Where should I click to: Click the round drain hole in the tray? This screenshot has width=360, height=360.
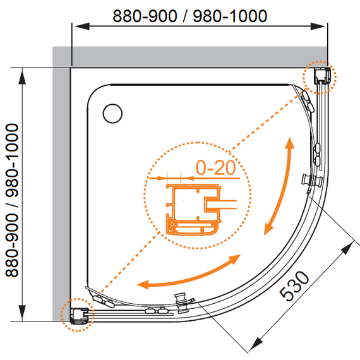coord(112,114)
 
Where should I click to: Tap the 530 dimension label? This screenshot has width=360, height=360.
coord(294,285)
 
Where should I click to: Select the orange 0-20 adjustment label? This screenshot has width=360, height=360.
coord(215,167)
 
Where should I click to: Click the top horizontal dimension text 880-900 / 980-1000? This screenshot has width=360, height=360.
coord(190,16)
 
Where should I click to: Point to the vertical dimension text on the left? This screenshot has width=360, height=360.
coord(12,200)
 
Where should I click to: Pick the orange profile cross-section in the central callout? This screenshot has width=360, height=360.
coord(193,209)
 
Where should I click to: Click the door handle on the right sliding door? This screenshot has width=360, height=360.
coord(312,180)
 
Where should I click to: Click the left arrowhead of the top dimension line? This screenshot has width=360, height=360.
coord(81,26)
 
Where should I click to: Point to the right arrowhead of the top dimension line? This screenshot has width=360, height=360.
coord(318,26)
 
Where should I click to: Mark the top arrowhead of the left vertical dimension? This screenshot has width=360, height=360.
coord(22,77)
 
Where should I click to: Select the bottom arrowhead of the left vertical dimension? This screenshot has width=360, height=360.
coord(22,313)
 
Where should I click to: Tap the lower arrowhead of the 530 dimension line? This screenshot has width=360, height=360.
coord(256,344)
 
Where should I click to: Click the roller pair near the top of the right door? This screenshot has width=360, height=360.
coord(308,101)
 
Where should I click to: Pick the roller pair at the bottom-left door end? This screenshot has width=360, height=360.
coord(104,301)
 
